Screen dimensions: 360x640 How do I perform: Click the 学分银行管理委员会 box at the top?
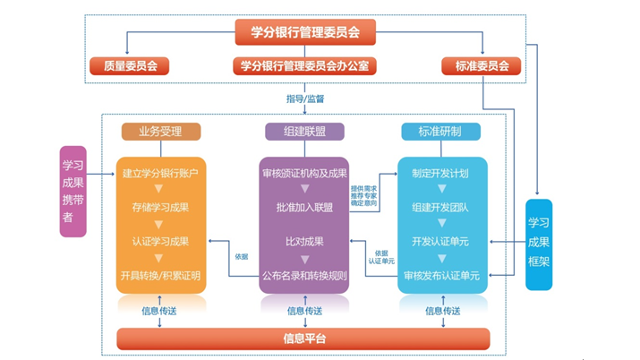(304, 32)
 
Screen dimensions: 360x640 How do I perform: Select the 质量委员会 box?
(129, 65)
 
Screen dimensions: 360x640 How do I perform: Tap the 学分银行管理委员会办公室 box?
(304, 65)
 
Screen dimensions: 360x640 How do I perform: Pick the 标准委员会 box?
(481, 65)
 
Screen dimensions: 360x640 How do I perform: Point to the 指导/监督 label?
(304, 97)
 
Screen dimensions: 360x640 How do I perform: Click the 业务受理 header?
(160, 132)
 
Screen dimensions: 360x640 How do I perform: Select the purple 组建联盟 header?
(304, 132)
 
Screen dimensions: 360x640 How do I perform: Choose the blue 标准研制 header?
(439, 132)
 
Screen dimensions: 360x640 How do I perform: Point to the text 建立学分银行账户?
(160, 172)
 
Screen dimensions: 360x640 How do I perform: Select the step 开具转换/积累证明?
(160, 275)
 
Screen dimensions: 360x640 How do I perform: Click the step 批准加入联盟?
(304, 207)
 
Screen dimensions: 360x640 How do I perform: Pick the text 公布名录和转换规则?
(304, 275)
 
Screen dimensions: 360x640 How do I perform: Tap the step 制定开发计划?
(439, 172)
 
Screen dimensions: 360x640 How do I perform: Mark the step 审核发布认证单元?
(439, 275)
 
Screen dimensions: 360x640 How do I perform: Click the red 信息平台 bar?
(304, 339)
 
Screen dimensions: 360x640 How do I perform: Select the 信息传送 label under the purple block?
(304, 310)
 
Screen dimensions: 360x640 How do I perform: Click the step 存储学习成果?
(160, 207)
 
